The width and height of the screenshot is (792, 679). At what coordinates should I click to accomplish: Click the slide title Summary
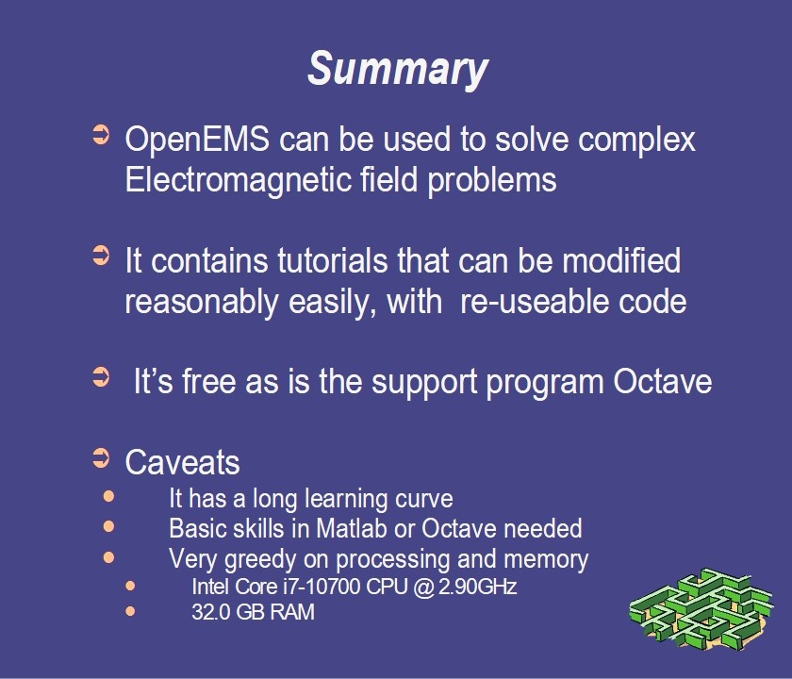[x=398, y=69]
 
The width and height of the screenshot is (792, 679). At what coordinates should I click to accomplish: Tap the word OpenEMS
[x=197, y=139]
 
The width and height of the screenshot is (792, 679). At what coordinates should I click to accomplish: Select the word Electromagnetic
[x=238, y=179]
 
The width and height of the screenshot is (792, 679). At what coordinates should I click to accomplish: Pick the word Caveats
[x=182, y=462]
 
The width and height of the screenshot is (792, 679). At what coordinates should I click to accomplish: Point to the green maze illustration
[x=701, y=608]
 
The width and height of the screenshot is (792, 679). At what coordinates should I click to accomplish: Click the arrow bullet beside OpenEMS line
[x=101, y=135]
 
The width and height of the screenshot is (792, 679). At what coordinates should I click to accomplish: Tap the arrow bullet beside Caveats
[x=101, y=458]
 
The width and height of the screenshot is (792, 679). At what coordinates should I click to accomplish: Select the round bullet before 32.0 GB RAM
[x=130, y=611]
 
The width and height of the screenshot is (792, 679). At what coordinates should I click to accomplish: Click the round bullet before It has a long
[x=108, y=496]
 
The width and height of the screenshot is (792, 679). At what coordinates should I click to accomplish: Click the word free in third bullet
[x=208, y=381]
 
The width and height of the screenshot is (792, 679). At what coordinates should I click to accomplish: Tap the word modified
[x=621, y=260]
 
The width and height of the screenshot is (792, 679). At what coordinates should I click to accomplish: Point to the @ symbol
[x=424, y=587]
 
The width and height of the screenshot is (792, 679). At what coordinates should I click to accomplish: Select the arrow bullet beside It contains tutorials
[x=101, y=256]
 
